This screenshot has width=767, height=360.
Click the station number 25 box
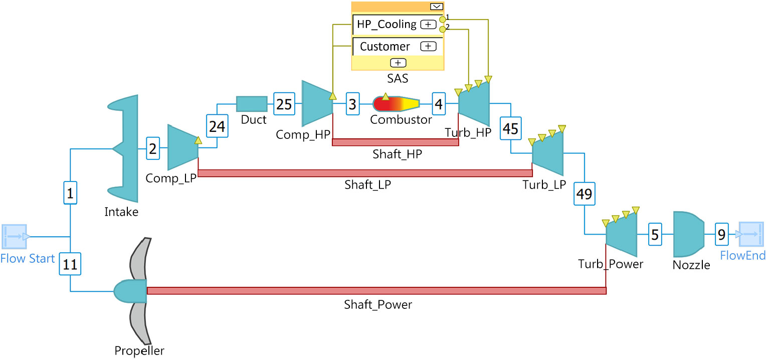tap(283, 104)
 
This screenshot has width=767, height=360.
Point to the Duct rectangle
tap(252, 104)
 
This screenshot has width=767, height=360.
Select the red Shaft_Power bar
tap(376, 291)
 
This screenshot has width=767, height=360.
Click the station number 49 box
tap(585, 194)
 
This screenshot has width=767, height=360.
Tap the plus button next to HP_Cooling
tap(428, 24)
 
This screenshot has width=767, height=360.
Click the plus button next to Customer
tap(428, 46)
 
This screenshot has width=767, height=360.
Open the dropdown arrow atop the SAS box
tap(436, 6)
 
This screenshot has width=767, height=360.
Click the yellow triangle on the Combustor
tap(385, 96)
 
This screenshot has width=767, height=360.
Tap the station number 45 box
tap(510, 129)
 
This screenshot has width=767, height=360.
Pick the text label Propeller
tap(139, 350)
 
